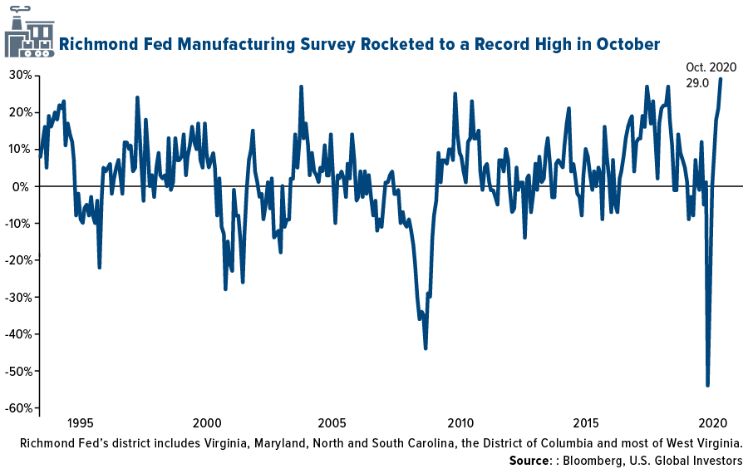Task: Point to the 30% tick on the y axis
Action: (x=20, y=76)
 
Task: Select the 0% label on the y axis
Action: (x=23, y=186)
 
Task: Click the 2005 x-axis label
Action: (x=332, y=422)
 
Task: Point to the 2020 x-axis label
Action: (x=713, y=422)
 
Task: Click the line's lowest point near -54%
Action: (x=707, y=385)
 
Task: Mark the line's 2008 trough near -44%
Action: (x=426, y=348)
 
